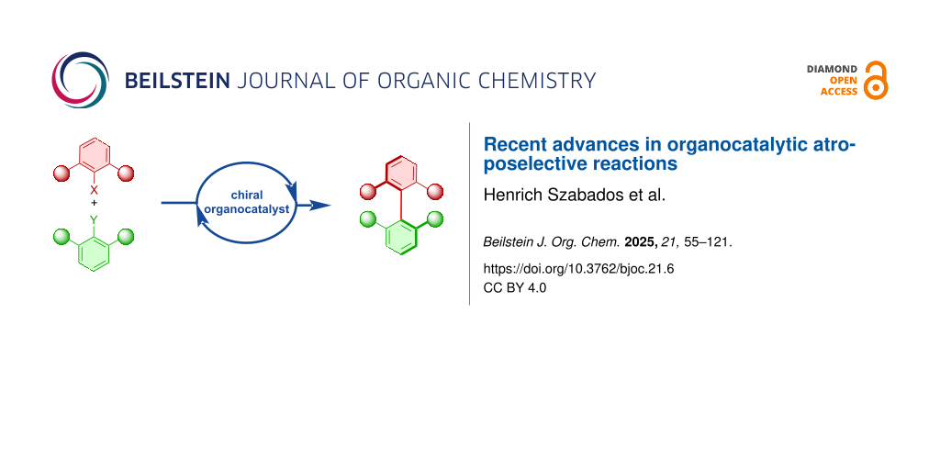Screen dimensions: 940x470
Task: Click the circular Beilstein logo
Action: point(81,81)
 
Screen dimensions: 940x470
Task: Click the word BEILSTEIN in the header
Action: point(177,81)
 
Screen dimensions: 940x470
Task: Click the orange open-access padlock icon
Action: point(876,81)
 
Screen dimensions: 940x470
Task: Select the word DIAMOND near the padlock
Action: point(832,70)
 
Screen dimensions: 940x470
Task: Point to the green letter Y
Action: point(94,220)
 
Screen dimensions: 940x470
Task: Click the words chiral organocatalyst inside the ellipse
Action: point(246,203)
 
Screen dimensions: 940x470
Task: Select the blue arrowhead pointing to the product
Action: point(320,206)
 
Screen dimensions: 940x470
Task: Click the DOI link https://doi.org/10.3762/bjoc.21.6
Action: point(578,269)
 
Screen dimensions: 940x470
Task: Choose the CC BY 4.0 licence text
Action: point(515,287)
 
